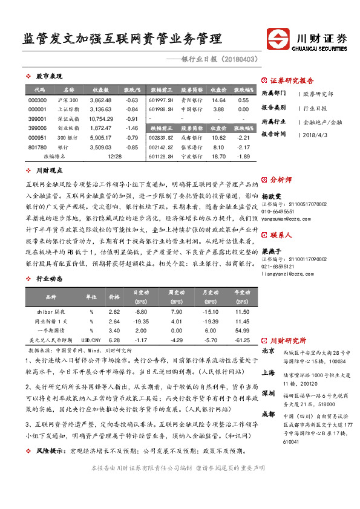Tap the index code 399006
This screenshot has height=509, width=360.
click(37, 128)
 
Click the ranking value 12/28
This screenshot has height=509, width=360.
click(113, 157)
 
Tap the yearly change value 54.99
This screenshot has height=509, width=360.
click(242, 331)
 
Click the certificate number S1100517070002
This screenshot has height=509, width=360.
click(296, 206)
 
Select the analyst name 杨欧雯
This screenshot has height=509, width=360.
click(272, 196)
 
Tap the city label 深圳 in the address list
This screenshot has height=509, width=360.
click(268, 393)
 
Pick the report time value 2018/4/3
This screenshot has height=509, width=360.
click(314, 135)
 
